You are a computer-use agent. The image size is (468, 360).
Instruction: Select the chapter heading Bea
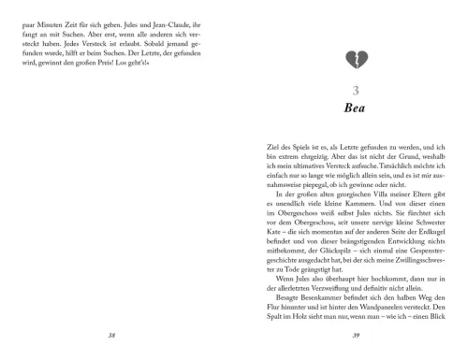[x=354, y=109]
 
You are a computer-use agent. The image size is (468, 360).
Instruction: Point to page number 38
[x=112, y=331]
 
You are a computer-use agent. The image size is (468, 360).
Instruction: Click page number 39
[x=354, y=331]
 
